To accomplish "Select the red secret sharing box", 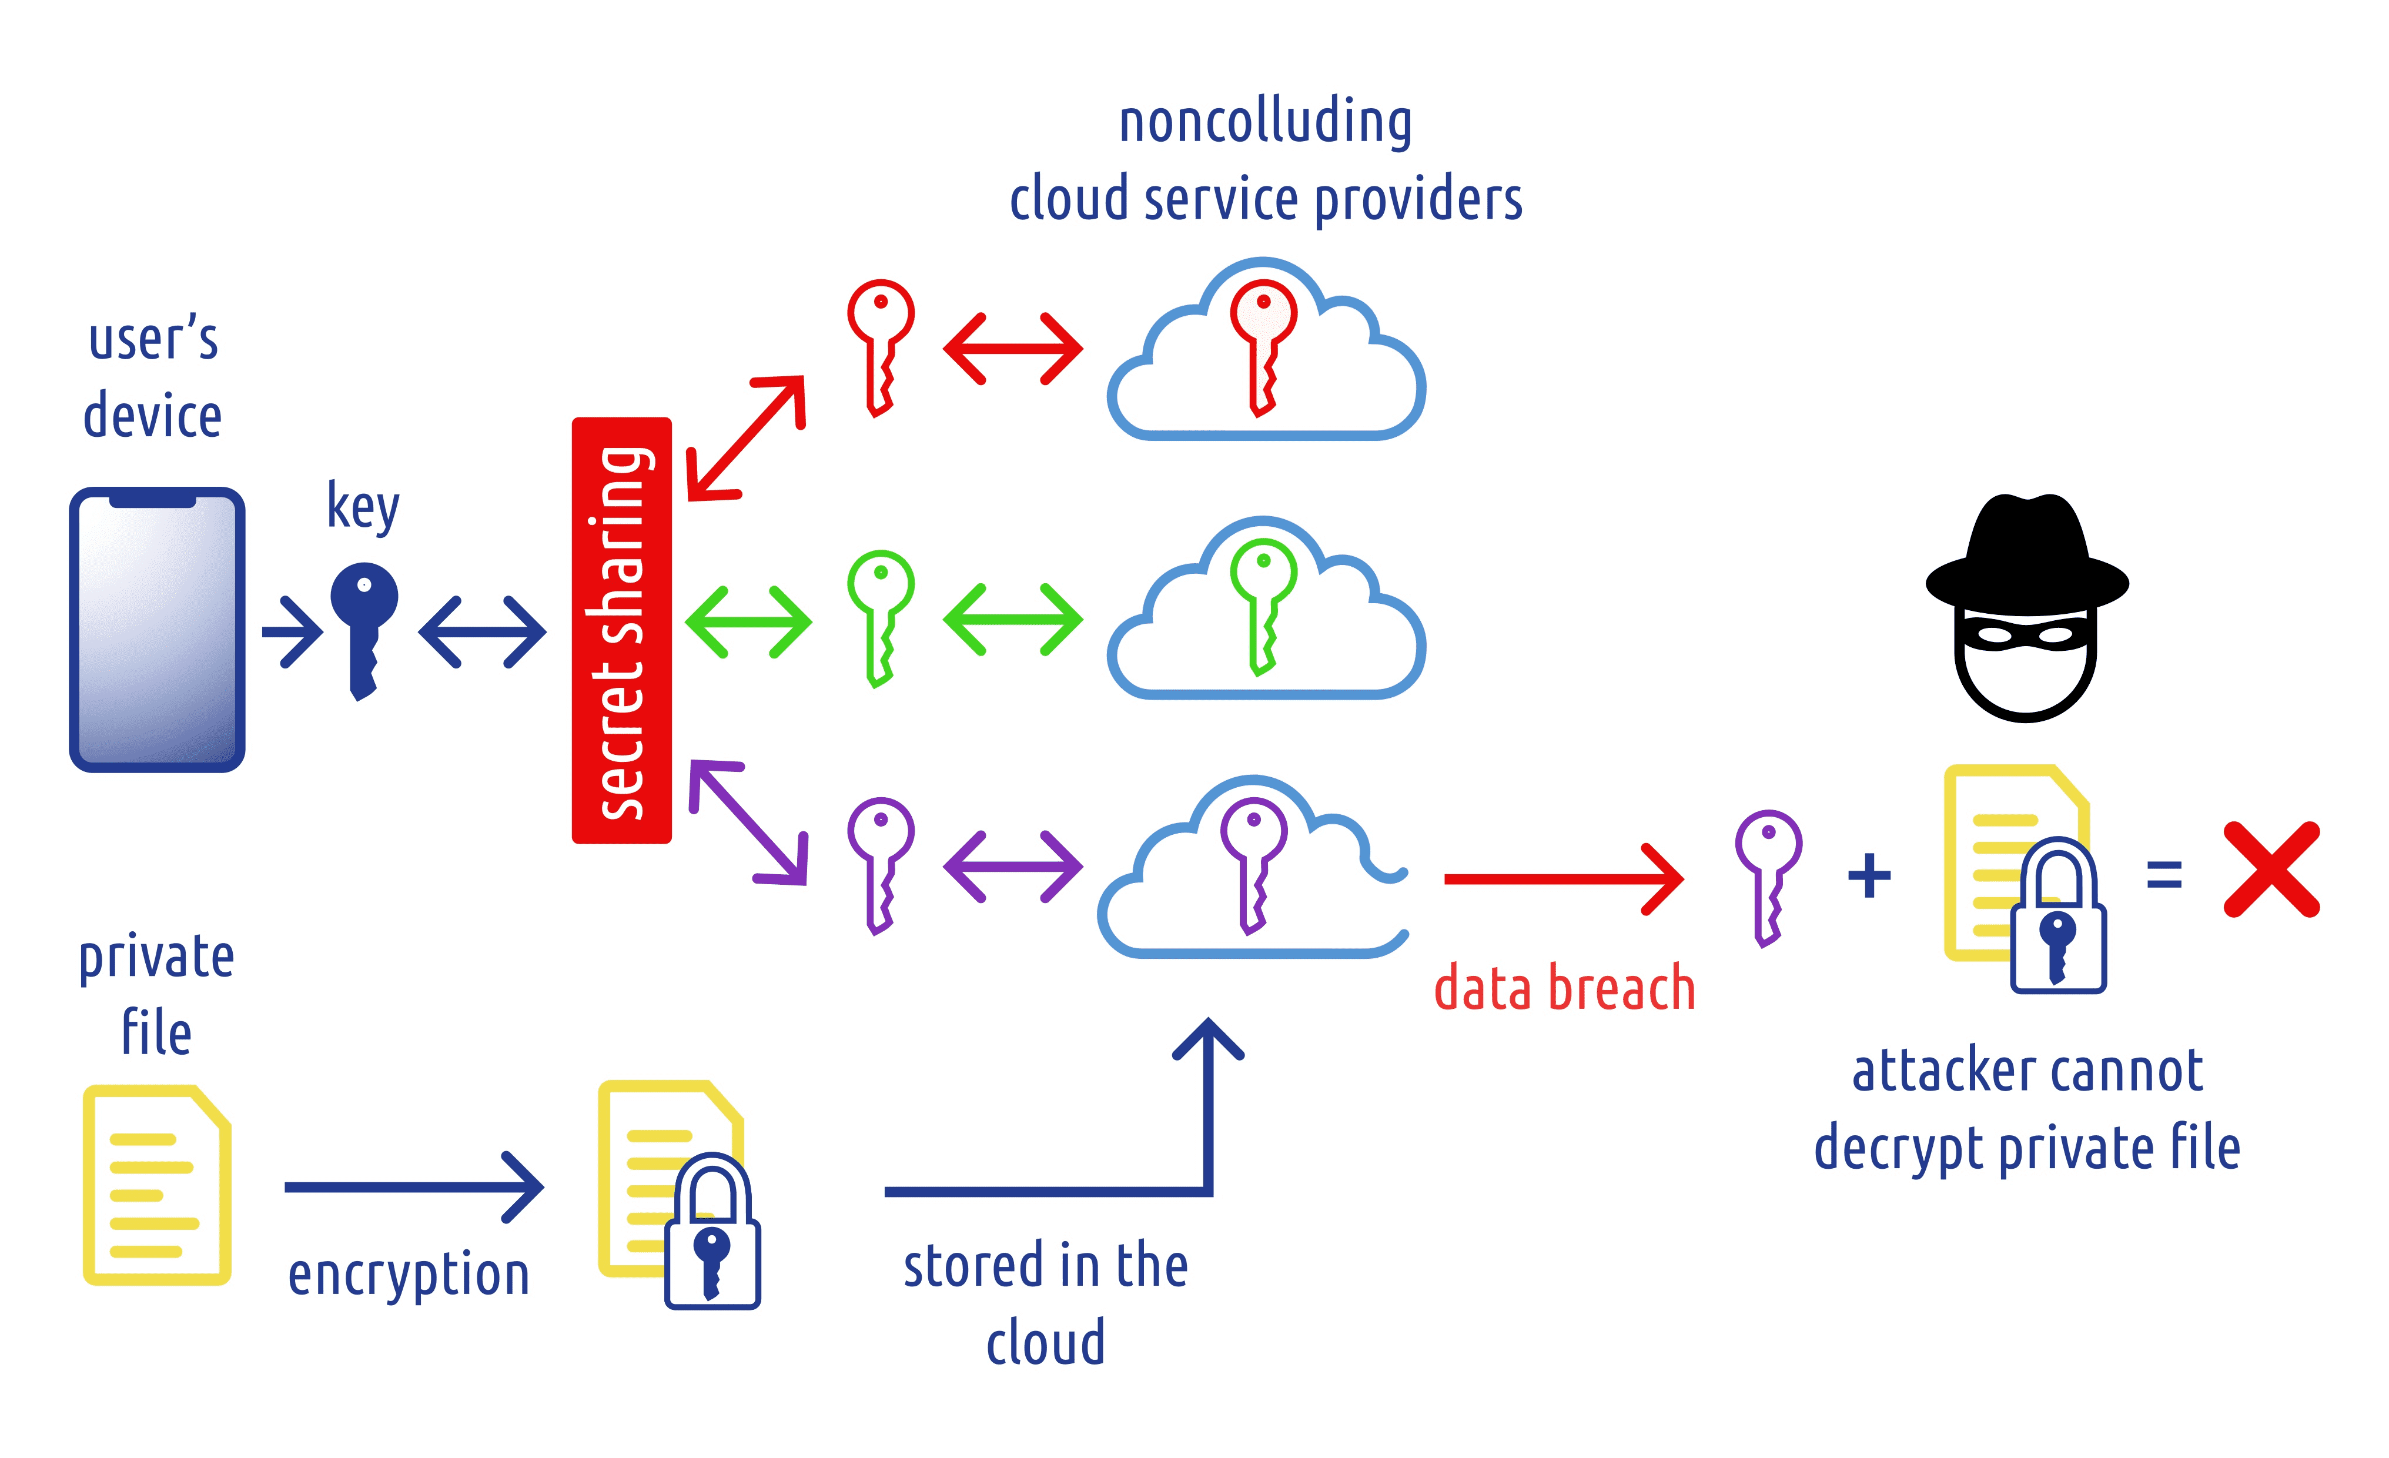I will coord(621,630).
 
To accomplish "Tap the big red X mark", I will coord(2271,870).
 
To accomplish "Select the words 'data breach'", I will coord(1564,989).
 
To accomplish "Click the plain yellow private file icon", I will coord(156,1185).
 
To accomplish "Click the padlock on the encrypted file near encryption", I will coord(712,1236).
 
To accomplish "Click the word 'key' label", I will coord(363,506).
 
